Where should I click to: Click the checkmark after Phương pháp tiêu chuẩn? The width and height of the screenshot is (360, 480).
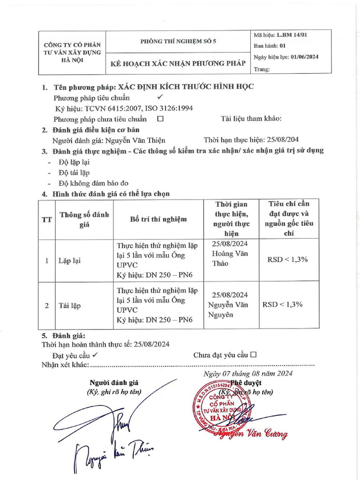[159, 97]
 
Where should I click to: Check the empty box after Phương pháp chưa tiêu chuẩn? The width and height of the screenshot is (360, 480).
[160, 119]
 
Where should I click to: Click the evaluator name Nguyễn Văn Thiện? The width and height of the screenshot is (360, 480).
[135, 140]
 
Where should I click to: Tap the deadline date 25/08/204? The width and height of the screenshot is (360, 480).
[278, 140]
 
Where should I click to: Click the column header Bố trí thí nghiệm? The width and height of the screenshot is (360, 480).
[158, 219]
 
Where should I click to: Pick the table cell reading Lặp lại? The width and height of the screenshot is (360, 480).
[69, 261]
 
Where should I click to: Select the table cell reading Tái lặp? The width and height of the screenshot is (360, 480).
[69, 305]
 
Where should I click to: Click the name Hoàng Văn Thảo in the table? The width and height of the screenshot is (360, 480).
[230, 258]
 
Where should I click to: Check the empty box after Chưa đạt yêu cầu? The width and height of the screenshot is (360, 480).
[254, 355]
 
